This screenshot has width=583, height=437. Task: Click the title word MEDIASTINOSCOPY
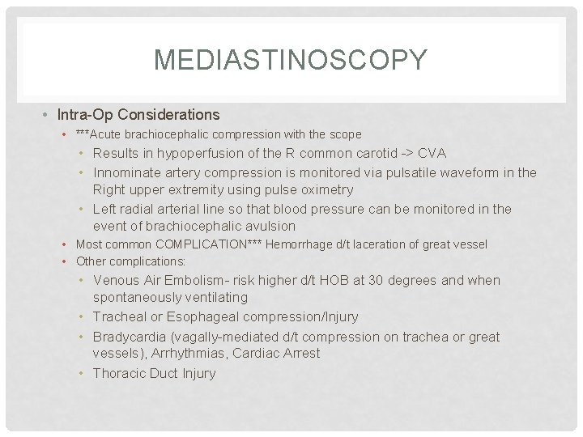click(290, 61)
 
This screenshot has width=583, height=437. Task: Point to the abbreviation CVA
click(432, 153)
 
